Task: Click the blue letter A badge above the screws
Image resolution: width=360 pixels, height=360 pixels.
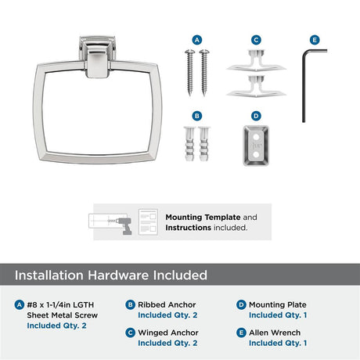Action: click(x=197, y=40)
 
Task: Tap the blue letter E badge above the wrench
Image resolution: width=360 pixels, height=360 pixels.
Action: click(x=315, y=40)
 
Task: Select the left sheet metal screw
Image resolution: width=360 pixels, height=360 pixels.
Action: click(x=190, y=71)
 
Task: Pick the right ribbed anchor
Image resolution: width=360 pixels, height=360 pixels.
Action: click(x=204, y=144)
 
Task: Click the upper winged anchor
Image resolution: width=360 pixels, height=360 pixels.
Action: click(x=256, y=60)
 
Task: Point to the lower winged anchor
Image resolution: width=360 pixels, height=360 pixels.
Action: click(x=256, y=87)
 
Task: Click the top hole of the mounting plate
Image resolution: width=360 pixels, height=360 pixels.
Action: click(x=256, y=137)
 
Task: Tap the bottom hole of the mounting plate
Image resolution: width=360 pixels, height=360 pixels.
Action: click(x=256, y=155)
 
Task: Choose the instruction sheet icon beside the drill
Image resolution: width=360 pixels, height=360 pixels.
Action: click(x=148, y=222)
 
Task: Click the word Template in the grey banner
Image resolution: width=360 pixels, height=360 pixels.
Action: click(x=222, y=218)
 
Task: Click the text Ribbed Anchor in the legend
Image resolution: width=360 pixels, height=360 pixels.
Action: click(x=167, y=304)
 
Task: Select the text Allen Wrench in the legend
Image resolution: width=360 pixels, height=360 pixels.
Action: click(x=275, y=333)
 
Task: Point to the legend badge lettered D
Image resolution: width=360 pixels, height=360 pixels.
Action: click(x=241, y=304)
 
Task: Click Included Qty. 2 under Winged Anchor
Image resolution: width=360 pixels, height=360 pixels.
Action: click(x=167, y=343)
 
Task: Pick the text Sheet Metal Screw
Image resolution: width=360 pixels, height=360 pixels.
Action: click(x=63, y=315)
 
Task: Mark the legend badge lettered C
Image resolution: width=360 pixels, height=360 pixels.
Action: click(x=130, y=333)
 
